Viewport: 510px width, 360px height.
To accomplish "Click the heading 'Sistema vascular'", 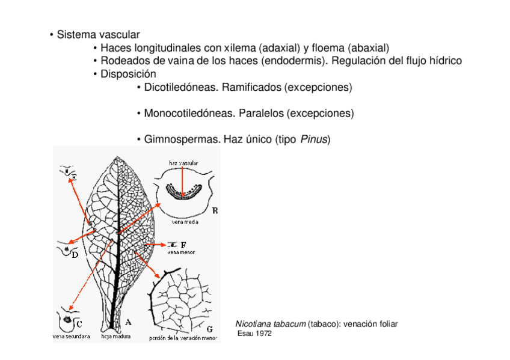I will (x=98, y=34).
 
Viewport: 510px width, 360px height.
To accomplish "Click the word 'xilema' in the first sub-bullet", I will (x=240, y=47).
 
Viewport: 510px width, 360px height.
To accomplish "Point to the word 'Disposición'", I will (x=128, y=74).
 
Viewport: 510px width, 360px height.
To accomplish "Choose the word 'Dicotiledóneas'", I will (x=182, y=87).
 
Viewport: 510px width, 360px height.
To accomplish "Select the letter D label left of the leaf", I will (x=76, y=255).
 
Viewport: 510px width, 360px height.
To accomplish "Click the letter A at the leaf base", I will (x=128, y=322).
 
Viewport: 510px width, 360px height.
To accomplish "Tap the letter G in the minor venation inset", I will (x=209, y=329).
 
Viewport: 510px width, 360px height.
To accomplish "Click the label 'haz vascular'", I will (x=183, y=163).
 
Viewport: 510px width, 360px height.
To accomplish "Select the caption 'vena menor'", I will (x=181, y=252).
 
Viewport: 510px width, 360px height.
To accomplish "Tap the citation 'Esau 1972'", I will (x=255, y=334).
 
